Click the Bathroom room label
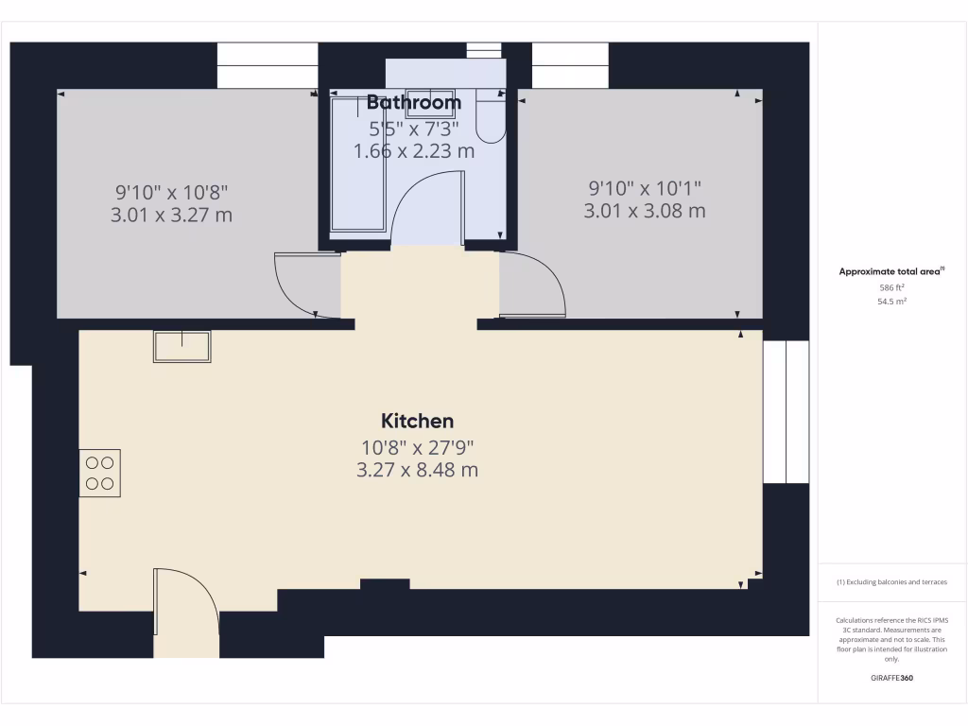pos(414,102)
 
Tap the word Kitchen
pos(417,421)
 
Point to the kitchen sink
pos(182,347)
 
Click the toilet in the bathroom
pos(490,113)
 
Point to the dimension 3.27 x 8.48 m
pos(417,469)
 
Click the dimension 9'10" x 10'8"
pos(171,192)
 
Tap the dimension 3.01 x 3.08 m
pos(645,211)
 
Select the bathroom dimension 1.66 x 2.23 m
pos(414,150)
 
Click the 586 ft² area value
pos(891,286)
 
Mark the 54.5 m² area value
pos(891,301)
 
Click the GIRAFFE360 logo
pos(891,678)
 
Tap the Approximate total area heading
pos(891,271)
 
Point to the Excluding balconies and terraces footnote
pos(891,582)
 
